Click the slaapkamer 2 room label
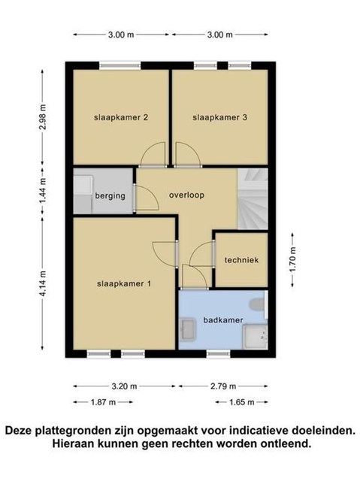121,117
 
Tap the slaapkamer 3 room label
219,117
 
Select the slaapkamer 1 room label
124,284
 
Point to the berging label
110,195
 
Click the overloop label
186,195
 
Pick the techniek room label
242,260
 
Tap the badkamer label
223,320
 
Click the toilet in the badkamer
257,305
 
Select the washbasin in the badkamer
187,330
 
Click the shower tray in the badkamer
255,337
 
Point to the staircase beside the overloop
253,198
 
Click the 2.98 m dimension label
43,117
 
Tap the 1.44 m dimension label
43,190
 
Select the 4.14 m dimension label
43,283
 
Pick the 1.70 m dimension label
292,259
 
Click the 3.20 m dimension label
124,386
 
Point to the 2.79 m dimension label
223,386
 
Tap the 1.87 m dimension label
103,402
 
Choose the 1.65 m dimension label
242,402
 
